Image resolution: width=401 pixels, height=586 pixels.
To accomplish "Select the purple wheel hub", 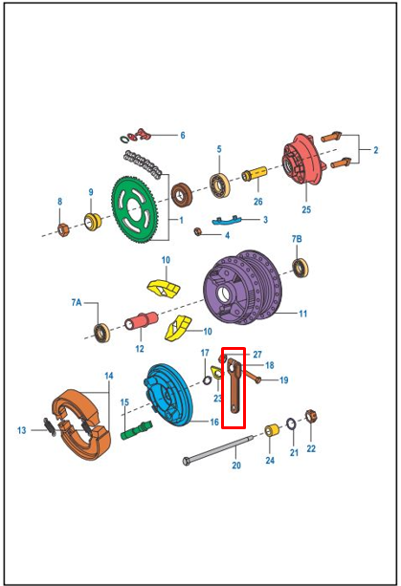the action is click(x=242, y=287).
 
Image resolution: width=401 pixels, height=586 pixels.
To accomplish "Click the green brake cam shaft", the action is click(x=137, y=430).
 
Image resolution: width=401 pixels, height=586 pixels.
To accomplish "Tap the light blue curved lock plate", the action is click(x=227, y=220).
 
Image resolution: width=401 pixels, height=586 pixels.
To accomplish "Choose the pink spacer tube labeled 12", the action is click(x=142, y=321).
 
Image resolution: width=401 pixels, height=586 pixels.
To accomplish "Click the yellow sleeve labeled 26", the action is click(x=254, y=174).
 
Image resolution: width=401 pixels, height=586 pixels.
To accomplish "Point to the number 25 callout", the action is click(x=306, y=209).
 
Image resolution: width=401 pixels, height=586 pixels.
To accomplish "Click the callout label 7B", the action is click(x=297, y=239).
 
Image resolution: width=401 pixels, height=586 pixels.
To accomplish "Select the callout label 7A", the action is click(x=77, y=302).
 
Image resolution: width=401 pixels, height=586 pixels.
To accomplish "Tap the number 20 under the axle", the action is click(x=236, y=466).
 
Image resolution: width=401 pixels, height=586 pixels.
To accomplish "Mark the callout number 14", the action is click(x=108, y=376).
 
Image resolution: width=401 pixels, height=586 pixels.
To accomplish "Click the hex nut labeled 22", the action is click(x=310, y=416).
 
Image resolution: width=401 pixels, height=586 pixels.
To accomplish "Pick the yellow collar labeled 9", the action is click(x=93, y=222).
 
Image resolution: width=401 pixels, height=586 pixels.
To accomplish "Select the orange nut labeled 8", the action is click(x=63, y=229).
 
